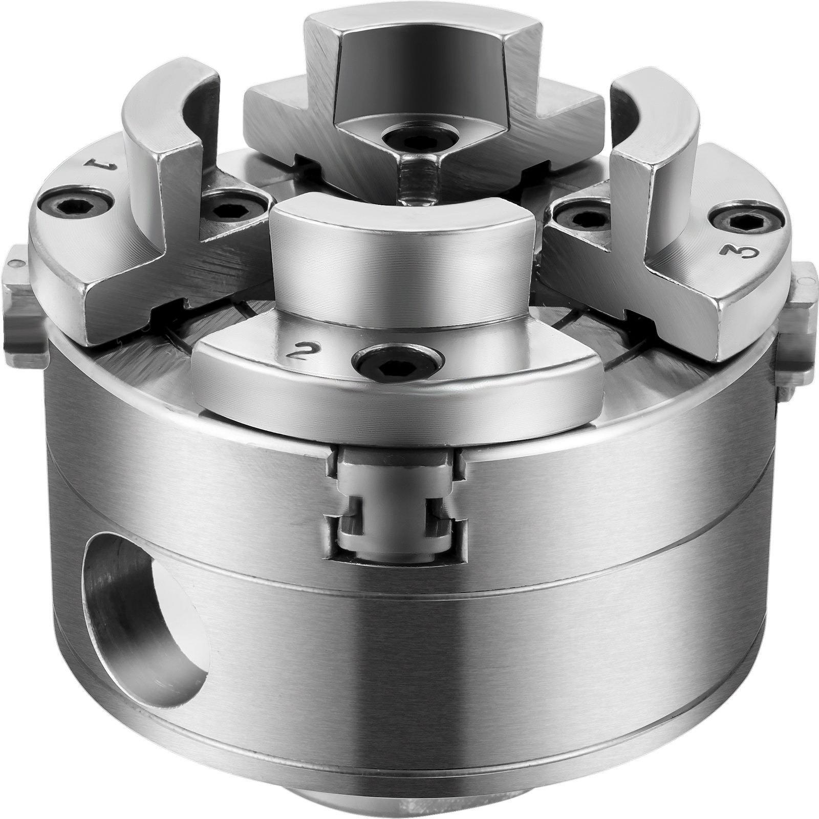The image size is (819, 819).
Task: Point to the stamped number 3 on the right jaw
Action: pos(730,252)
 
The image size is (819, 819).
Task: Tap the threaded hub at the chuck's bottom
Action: pos(420,806)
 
